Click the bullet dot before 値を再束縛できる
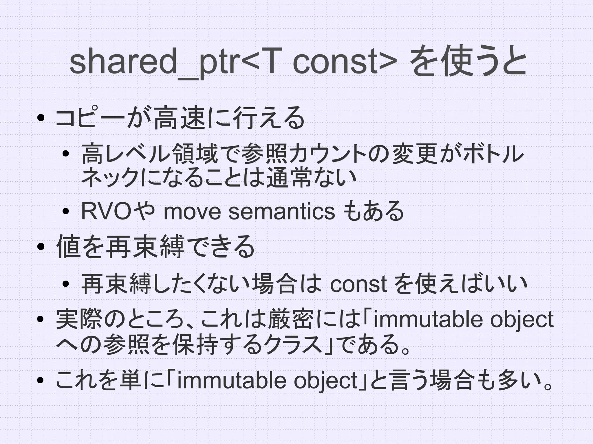click(x=41, y=246)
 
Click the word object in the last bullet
click(x=325, y=380)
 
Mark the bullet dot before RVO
click(x=66, y=211)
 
